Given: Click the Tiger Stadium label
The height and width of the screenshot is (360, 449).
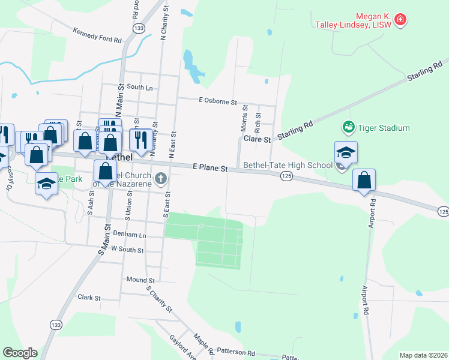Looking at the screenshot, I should tap(384, 128).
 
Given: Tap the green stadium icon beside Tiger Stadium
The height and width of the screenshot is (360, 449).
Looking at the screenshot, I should tap(348, 127).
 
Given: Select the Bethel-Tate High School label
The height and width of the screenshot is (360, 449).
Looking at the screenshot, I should tap(286, 165).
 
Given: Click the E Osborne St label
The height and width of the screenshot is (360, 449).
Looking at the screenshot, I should tap(218, 102).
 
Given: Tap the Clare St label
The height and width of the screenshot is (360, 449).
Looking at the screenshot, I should tap(257, 139).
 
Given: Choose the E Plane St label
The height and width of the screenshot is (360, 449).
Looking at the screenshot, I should tap(209, 169).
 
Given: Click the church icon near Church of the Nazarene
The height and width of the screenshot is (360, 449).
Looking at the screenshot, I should tap(160, 178).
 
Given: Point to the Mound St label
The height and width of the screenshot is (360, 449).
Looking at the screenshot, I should tap(140, 280).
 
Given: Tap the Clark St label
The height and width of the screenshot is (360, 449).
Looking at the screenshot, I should tap(89, 298).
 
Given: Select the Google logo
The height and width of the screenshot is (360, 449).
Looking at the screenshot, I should tap(20, 353).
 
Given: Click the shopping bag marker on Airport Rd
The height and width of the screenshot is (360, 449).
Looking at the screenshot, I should tap(364, 180).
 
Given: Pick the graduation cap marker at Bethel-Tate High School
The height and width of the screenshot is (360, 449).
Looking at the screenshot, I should tap(346, 152).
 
